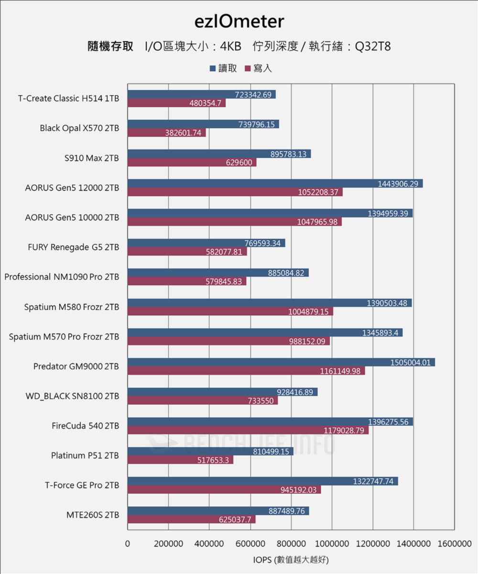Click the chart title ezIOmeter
tap(239, 21)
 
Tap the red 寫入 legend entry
tap(258, 68)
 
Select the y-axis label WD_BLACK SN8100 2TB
tap(72, 396)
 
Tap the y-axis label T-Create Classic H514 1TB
tap(69, 99)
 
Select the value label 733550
tap(261, 401)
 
